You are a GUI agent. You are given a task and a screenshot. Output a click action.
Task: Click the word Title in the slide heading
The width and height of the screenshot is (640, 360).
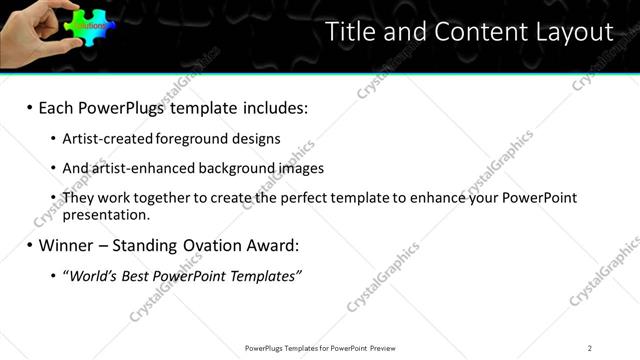pos(351,32)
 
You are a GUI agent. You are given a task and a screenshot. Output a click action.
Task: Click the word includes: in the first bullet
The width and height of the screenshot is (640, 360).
pos(270,107)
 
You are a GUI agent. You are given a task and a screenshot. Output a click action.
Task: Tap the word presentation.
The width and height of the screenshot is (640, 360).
pos(105,214)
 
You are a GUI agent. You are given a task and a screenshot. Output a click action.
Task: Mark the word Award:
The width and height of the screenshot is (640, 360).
pos(257,245)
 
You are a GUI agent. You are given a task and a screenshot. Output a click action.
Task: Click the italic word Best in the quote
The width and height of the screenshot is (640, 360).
pos(139,275)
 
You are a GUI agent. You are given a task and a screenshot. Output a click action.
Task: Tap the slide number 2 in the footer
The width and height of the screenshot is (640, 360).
pos(590,348)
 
